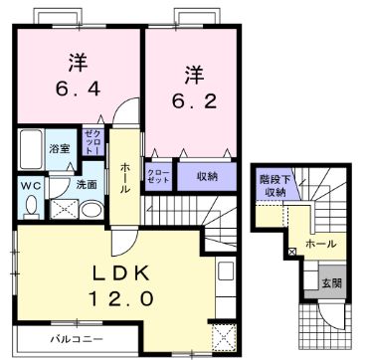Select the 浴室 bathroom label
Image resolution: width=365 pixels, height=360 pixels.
(59, 148)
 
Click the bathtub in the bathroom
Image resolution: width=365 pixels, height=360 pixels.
(29, 150)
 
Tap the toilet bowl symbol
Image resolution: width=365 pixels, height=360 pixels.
(29, 206)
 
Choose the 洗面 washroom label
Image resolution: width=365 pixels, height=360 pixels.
(86, 185)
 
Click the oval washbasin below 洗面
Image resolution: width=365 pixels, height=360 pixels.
(91, 210)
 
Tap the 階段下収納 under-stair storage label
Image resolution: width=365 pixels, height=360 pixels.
(272, 185)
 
